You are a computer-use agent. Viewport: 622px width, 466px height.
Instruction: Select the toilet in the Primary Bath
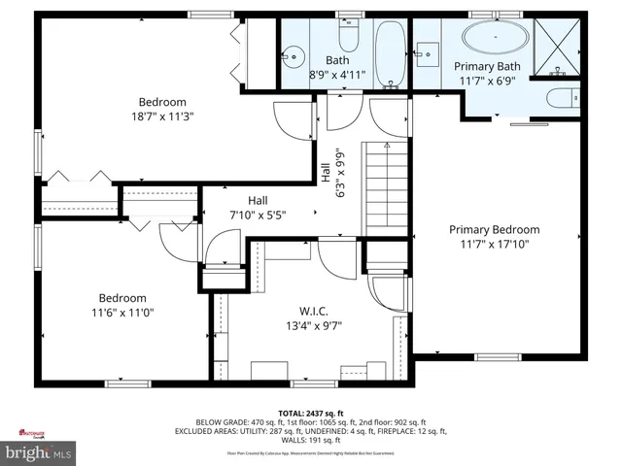563,97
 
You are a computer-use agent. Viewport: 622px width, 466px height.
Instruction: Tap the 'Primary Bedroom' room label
494,230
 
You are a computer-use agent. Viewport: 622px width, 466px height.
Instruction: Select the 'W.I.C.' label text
312,311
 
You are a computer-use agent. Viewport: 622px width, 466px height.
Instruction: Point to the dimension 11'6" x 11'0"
122,313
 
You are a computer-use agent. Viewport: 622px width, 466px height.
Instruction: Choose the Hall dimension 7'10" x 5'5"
258,216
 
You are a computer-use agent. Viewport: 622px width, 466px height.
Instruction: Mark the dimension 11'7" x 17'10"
494,245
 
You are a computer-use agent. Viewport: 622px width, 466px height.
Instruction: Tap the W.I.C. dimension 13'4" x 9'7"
312,325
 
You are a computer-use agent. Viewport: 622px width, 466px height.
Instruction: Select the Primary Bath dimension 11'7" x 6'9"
488,81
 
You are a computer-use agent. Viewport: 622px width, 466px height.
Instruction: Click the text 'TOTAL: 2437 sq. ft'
311,413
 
